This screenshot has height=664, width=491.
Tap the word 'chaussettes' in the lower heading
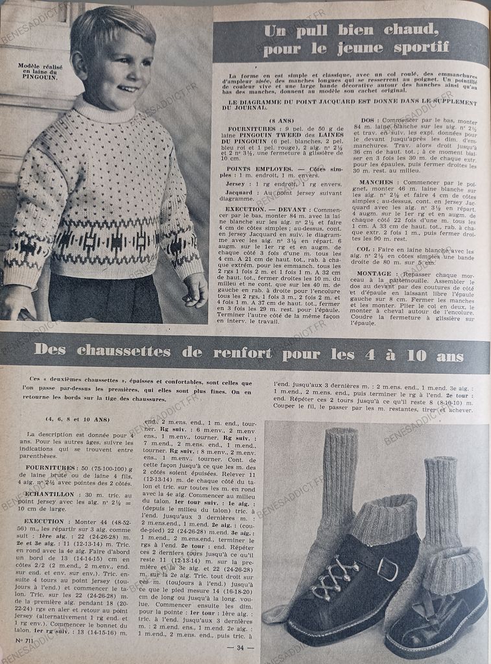tap(132, 350)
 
